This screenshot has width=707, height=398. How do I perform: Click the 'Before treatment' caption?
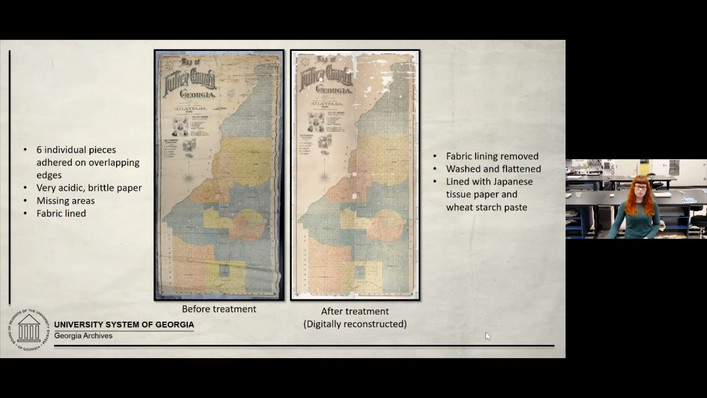pyautogui.click(x=219, y=309)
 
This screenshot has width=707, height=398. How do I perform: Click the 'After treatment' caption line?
pyautogui.click(x=355, y=311)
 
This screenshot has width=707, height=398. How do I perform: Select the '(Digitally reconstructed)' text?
pyautogui.click(x=355, y=324)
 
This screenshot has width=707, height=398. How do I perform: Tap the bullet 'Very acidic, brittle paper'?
pyautogui.click(x=89, y=188)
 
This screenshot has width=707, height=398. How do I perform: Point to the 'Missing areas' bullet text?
pyautogui.click(x=66, y=201)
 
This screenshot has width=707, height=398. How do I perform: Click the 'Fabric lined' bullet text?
pyautogui.click(x=61, y=213)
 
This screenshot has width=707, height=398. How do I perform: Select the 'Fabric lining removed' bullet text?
pyautogui.click(x=492, y=156)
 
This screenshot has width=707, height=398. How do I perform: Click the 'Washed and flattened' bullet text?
pyautogui.click(x=493, y=169)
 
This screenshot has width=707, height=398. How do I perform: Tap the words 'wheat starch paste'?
pyautogui.click(x=487, y=207)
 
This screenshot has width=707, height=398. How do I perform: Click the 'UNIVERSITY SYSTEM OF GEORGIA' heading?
pyautogui.click(x=124, y=324)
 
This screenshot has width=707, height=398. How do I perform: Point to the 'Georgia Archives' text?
pyautogui.click(x=83, y=336)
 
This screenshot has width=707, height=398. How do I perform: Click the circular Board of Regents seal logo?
pyautogui.click(x=29, y=330)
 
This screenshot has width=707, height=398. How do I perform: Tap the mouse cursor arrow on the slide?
pyautogui.click(x=487, y=336)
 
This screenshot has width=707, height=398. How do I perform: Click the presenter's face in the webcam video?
pyautogui.click(x=641, y=188)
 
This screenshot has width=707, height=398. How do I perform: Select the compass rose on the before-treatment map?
pyautogui.click(x=189, y=178)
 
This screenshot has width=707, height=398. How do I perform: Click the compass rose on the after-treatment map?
pyautogui.click(x=325, y=177)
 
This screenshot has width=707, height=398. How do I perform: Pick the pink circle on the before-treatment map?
pyautogui.click(x=247, y=224)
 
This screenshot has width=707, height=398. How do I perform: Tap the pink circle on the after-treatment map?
pyautogui.click(x=386, y=225)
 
